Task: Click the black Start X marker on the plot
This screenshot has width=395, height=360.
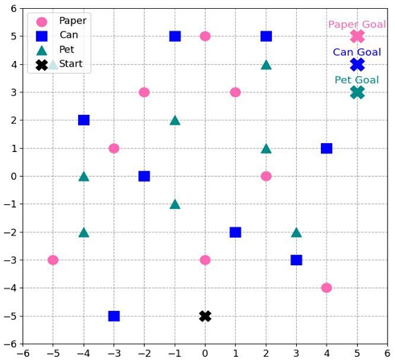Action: [205, 316]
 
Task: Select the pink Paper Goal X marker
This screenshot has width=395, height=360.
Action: [357, 36]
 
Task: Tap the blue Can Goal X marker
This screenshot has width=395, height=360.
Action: [357, 64]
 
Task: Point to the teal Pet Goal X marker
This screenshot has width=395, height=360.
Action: [357, 92]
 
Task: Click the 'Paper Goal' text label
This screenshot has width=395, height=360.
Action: [356, 24]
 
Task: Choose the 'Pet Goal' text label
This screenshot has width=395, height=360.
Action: [356, 80]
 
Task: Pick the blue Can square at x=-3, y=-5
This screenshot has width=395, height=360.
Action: [113, 316]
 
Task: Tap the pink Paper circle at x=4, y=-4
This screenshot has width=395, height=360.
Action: [327, 288]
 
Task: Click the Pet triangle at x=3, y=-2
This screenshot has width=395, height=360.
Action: [296, 232]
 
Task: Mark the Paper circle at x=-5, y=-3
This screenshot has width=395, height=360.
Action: [53, 260]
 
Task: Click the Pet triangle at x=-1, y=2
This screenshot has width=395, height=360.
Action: [175, 121]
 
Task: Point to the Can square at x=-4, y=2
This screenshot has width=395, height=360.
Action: [84, 120]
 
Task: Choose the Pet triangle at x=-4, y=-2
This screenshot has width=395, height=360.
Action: [84, 232]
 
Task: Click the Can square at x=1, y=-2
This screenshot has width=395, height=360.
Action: [235, 232]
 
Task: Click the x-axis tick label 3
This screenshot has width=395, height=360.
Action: [296, 352]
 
